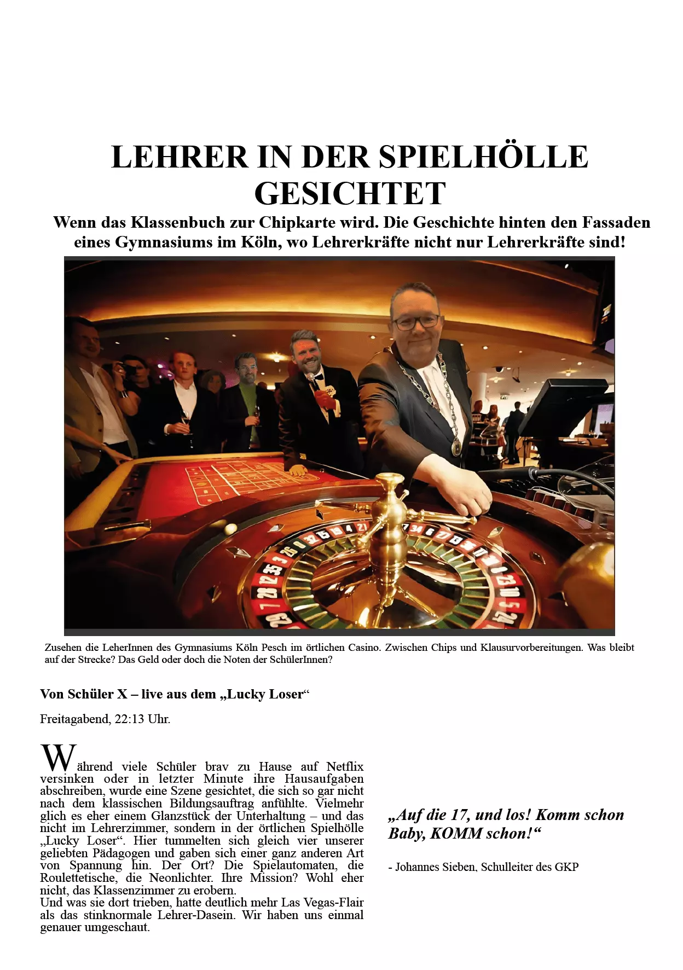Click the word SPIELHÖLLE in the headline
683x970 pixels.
(484, 157)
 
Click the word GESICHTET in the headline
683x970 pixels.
(350, 194)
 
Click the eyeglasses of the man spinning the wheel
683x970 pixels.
(416, 322)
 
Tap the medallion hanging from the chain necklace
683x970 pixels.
(456, 447)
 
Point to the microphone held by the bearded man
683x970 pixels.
(312, 378)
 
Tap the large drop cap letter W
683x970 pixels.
(58, 758)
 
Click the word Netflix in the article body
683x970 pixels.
(345, 766)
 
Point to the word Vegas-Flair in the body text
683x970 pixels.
(334, 902)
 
